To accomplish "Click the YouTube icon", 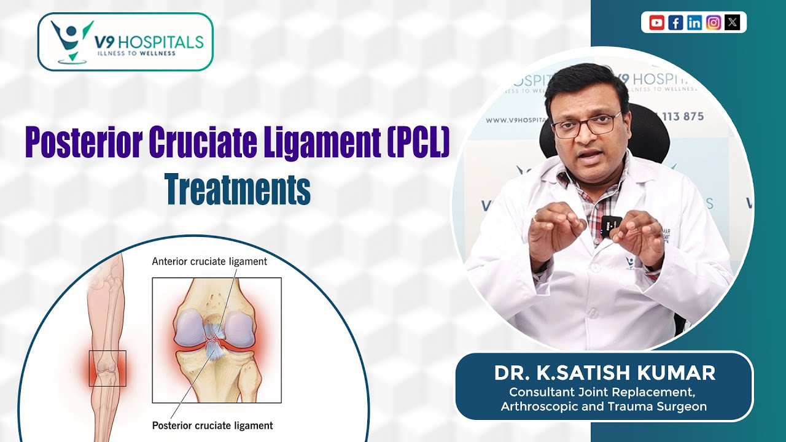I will tap(656, 23).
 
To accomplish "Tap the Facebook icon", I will tap(675, 23).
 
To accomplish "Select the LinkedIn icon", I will tap(695, 23).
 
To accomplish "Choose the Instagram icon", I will tap(714, 23).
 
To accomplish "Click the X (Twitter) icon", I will tap(732, 23).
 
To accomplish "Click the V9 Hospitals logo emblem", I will tap(71, 41).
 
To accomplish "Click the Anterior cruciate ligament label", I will tap(209, 262).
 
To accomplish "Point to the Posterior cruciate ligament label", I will tap(212, 425).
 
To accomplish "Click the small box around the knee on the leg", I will tap(107, 368).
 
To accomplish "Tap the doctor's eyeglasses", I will tap(586, 125).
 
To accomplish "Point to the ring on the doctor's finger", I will tap(536, 217).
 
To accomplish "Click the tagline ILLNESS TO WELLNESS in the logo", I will tap(136, 53).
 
